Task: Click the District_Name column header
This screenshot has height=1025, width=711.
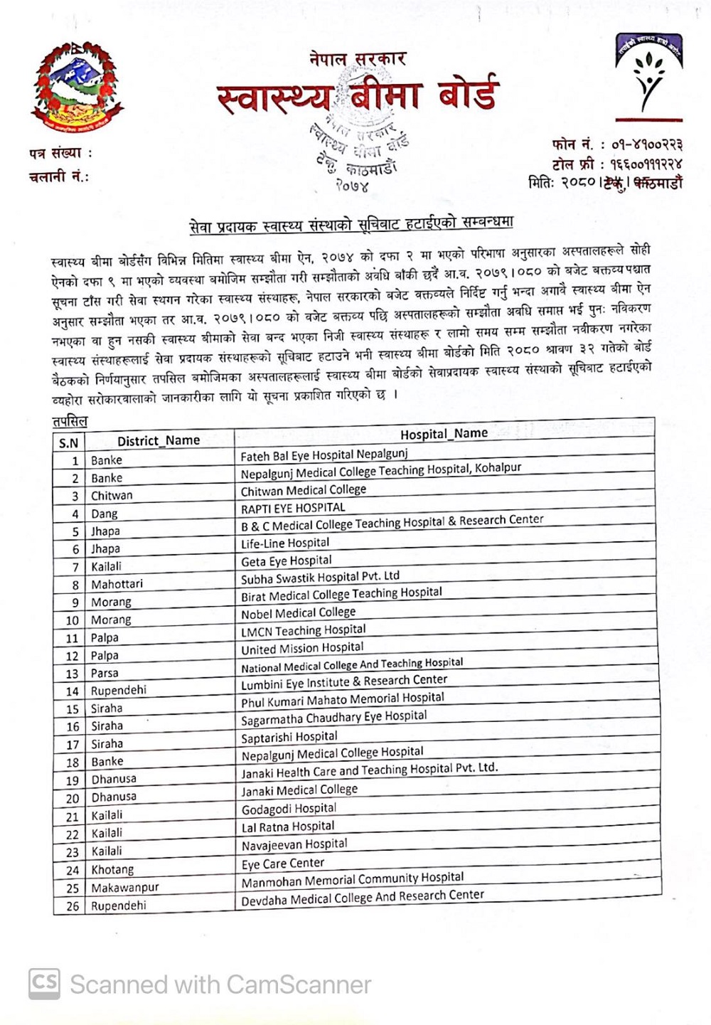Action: point(159,441)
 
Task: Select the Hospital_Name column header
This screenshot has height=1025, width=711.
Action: point(444,434)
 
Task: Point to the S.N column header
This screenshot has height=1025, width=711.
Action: point(69,443)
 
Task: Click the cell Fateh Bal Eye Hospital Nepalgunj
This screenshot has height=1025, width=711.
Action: point(324,455)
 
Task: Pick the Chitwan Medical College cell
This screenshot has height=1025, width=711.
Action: point(304,490)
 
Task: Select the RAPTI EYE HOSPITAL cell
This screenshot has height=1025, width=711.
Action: point(293,508)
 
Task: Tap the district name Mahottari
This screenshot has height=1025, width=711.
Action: point(117,584)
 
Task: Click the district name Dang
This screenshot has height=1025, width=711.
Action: point(105,514)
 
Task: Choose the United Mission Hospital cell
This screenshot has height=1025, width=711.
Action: point(302,648)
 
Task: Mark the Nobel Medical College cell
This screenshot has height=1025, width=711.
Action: point(298,613)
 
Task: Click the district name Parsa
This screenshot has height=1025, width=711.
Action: point(105,673)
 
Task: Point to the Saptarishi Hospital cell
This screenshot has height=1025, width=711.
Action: point(289,737)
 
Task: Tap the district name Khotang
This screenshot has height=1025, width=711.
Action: point(112,869)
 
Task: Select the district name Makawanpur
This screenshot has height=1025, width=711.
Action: point(125,888)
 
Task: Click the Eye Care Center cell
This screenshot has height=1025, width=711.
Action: point(283,864)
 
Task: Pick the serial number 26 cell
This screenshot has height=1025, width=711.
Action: point(73,906)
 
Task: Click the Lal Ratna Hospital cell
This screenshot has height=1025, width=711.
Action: point(288,827)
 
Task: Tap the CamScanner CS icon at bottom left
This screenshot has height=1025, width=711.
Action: point(44,984)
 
